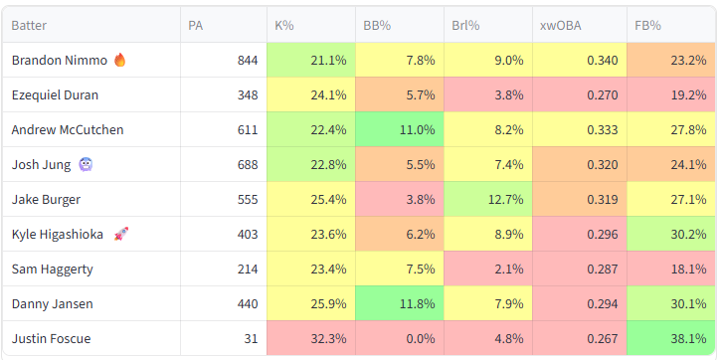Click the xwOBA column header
coord(560,25)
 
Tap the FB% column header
coord(647,25)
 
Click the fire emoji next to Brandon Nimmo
coord(119,60)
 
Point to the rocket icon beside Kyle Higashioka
coord(121,234)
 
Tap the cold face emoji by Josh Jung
coord(86,164)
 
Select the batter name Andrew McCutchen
coord(68,130)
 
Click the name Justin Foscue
coord(51,339)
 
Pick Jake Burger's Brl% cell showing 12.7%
coord(488,199)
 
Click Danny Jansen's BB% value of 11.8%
coord(400,304)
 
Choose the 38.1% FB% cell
coord(671,339)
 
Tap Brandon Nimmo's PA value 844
coord(248,61)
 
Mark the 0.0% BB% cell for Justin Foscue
coord(400,339)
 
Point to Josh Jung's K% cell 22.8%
coord(311,164)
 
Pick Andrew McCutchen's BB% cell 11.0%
coord(400,130)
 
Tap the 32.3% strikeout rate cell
coord(311,339)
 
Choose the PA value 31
coord(252,339)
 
